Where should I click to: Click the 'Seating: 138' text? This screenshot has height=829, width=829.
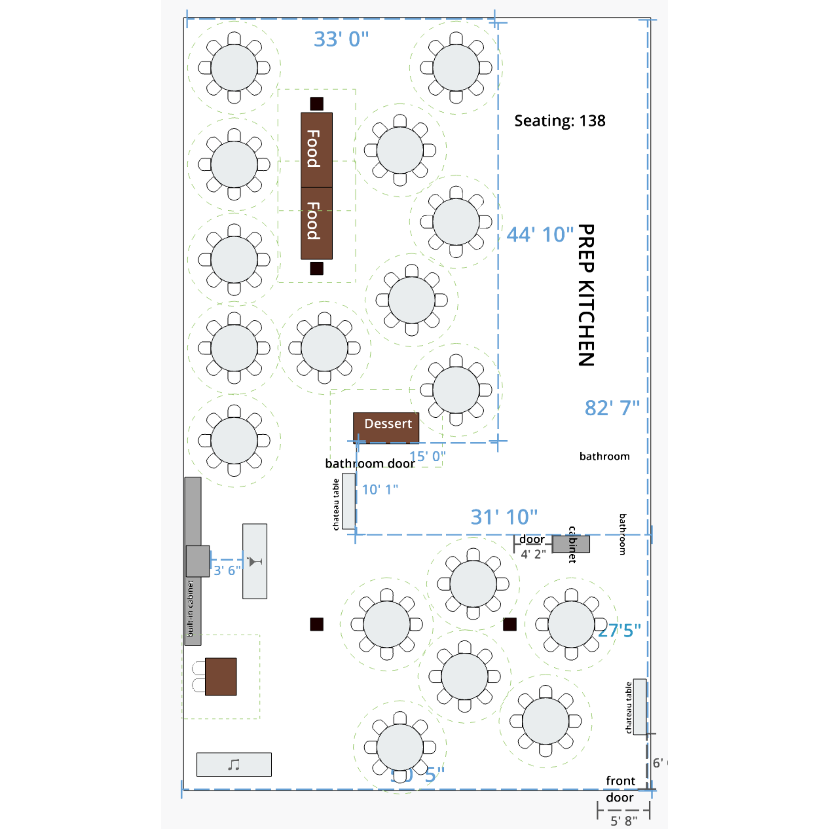click(x=559, y=121)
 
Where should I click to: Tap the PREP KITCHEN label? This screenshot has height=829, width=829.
click(x=586, y=295)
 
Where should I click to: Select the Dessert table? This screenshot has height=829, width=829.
click(x=386, y=426)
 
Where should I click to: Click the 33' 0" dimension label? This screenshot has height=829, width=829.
click(x=341, y=39)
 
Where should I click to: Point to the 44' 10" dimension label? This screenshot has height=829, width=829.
click(x=540, y=235)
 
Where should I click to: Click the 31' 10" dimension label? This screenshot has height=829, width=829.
click(x=504, y=517)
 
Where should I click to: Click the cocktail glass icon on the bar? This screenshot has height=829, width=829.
click(x=255, y=561)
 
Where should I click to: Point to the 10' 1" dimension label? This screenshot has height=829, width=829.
click(x=380, y=490)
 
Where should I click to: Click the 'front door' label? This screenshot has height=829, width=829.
click(x=620, y=789)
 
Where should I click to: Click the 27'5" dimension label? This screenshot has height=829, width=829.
click(x=619, y=631)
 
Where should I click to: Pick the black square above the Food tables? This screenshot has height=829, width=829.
click(x=317, y=104)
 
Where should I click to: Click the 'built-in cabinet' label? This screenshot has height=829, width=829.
click(x=190, y=609)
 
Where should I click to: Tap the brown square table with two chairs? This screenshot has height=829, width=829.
click(x=220, y=677)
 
